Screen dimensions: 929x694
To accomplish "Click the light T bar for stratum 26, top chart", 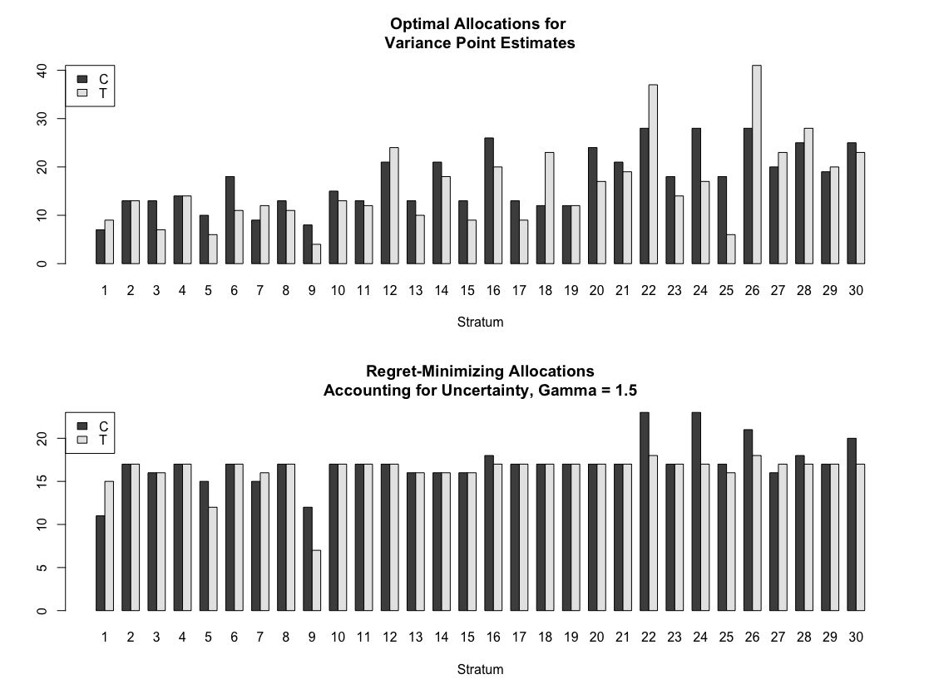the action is pos(757,165).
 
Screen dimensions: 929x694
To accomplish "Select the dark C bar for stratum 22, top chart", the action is pos(644,196).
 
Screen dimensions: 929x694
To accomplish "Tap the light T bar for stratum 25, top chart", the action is pos(730,249).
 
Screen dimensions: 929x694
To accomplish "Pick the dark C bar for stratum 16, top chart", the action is pos(489,201).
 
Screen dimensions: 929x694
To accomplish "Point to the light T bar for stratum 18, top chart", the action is pos(550,208).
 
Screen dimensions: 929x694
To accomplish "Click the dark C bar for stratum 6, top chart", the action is pos(230,220).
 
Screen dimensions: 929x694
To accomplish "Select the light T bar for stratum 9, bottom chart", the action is pos(316,580).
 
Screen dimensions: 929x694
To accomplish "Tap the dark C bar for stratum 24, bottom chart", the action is pos(696,512).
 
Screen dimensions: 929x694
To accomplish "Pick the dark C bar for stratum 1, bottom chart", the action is pos(100,564).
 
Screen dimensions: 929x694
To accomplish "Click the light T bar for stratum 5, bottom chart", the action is pos(213,559).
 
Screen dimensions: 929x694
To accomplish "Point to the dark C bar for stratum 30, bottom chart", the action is pos(852,524).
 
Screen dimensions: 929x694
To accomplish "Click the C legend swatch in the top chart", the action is pos(82,79).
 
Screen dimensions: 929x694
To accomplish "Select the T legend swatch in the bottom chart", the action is pos(82,440).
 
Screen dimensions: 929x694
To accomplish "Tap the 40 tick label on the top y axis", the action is pos(42,71).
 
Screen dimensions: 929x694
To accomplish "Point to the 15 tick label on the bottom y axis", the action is pos(42,481).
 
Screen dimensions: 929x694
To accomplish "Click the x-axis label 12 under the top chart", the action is pos(389,291).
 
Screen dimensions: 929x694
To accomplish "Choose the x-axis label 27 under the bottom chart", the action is pos(778,637).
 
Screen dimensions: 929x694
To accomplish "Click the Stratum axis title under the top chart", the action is pos(480,322).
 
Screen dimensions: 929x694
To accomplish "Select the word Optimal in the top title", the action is pos(419,24).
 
